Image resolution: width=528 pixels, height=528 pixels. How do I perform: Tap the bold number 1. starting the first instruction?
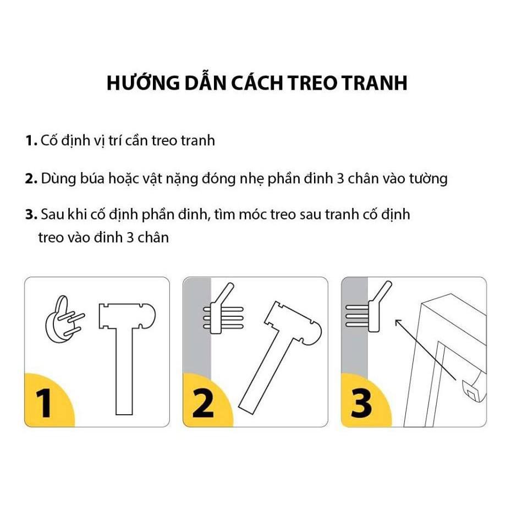tap(31, 141)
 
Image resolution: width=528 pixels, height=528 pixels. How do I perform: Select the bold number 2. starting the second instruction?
tap(31, 179)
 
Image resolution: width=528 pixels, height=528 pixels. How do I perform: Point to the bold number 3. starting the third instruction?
tap(31, 215)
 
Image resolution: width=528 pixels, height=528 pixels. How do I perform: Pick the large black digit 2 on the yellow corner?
tap(204, 403)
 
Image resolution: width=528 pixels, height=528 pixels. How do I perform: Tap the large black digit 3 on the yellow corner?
tap(362, 403)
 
